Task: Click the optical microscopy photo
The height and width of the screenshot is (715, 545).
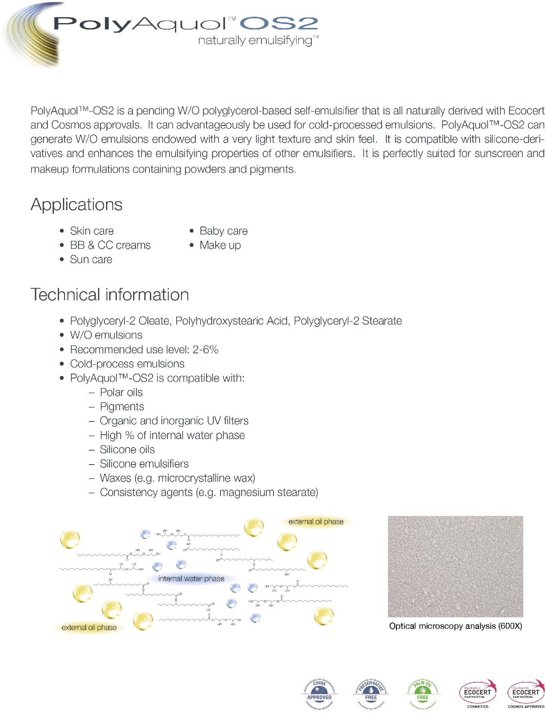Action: point(455,566)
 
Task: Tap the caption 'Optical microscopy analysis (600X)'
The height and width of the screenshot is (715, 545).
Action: point(455,626)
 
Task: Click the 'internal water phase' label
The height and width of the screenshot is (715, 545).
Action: point(191,579)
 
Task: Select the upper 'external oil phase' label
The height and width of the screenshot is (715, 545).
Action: point(316,522)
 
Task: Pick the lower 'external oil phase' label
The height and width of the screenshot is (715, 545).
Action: point(89,627)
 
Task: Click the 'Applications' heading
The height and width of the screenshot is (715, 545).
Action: point(77,205)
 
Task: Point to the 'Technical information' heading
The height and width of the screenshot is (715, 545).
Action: point(110,295)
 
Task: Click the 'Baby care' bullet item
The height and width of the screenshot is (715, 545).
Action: point(223,231)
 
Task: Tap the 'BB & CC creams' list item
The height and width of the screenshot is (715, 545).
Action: point(110,245)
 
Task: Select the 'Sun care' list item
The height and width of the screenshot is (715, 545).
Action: point(91,260)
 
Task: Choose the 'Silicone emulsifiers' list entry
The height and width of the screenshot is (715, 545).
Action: point(144,464)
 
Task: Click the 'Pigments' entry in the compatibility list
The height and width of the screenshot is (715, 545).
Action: point(122,407)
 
